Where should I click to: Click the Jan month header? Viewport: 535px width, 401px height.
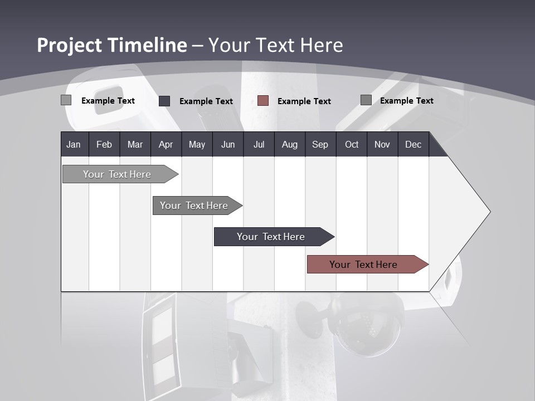point(74,144)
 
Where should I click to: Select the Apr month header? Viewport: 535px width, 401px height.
point(166,144)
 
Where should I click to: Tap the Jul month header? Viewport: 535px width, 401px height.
point(259,144)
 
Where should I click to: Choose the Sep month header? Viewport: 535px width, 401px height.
point(320,144)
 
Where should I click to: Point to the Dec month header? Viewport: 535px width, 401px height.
point(413,144)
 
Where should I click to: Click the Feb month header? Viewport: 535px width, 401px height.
point(104,144)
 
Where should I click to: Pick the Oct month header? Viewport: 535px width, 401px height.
point(352,144)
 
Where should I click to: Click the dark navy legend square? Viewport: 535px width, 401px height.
point(164,101)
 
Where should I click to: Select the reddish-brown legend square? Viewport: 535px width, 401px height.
point(263,101)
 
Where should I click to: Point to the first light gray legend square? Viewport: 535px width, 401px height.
point(66,100)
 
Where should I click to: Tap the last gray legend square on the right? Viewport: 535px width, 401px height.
point(366,100)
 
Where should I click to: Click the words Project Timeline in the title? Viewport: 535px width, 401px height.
point(111,45)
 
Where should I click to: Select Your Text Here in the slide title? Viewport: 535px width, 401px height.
point(276,45)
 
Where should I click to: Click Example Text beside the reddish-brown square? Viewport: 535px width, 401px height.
point(304,101)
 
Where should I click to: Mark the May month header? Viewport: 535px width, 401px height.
point(197,144)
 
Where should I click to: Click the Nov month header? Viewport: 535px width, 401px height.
point(382,144)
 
